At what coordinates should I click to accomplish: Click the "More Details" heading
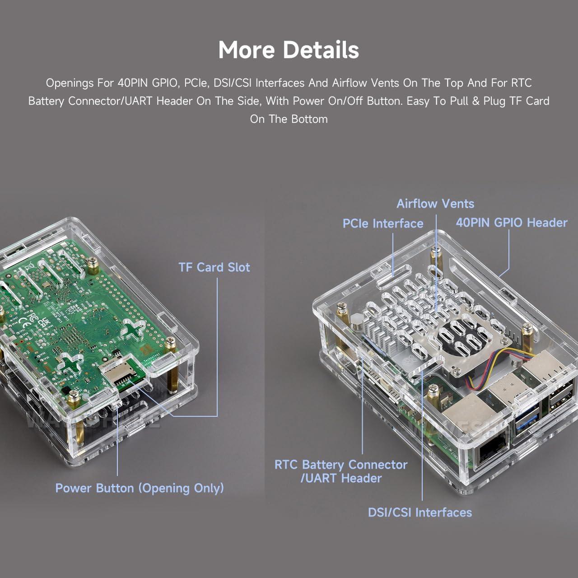coord(289,50)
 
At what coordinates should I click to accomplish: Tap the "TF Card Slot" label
coord(214,267)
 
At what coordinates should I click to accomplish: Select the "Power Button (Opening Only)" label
coord(140,488)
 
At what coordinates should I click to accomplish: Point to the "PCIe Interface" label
coord(382,224)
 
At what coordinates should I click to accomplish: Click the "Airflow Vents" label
coord(435,204)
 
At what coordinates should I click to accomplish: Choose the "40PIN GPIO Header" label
coord(511,223)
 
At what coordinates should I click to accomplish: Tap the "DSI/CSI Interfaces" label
coord(420,513)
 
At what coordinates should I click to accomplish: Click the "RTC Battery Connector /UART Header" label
coord(341,471)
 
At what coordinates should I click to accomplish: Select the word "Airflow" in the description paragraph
coord(350,83)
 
